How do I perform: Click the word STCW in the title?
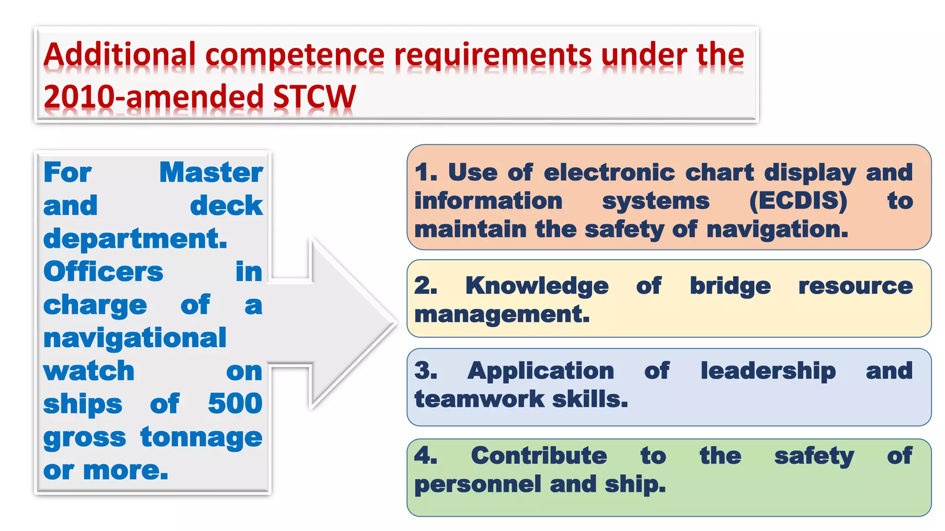(314, 97)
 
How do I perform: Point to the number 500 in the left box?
(235, 403)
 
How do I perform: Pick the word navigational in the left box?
(135, 338)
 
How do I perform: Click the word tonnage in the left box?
(201, 437)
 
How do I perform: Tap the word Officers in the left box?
(103, 271)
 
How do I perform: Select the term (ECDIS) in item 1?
(798, 201)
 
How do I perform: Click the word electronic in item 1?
(609, 172)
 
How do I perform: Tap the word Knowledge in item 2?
(537, 286)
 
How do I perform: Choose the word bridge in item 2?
(730, 286)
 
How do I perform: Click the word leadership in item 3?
(768, 371)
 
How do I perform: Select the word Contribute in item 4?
(539, 456)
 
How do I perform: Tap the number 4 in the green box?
(423, 455)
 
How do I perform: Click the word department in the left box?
(135, 239)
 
